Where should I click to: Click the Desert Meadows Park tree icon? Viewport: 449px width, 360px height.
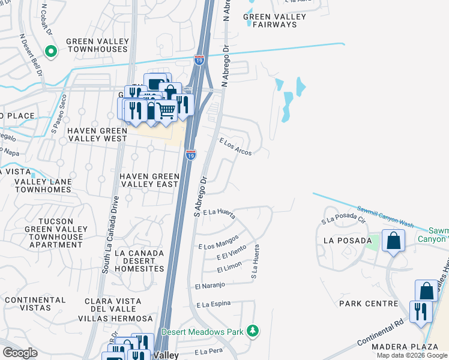pos(254,331)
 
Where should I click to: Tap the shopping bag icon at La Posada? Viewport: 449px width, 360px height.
pos(393,241)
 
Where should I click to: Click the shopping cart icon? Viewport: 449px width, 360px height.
pos(166,110)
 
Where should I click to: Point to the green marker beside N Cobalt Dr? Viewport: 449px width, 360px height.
pos(51,52)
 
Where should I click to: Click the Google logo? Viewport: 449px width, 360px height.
pos(20,352)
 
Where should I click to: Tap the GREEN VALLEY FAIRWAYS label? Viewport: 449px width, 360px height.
pos(274,21)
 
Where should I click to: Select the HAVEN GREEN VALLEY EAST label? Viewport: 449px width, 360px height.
pos(149,180)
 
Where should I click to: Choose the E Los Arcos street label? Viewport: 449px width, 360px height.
pos(236,146)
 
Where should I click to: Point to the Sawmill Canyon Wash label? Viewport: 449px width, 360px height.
pos(385,215)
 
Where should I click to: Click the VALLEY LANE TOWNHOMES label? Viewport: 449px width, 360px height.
pos(35,185)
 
